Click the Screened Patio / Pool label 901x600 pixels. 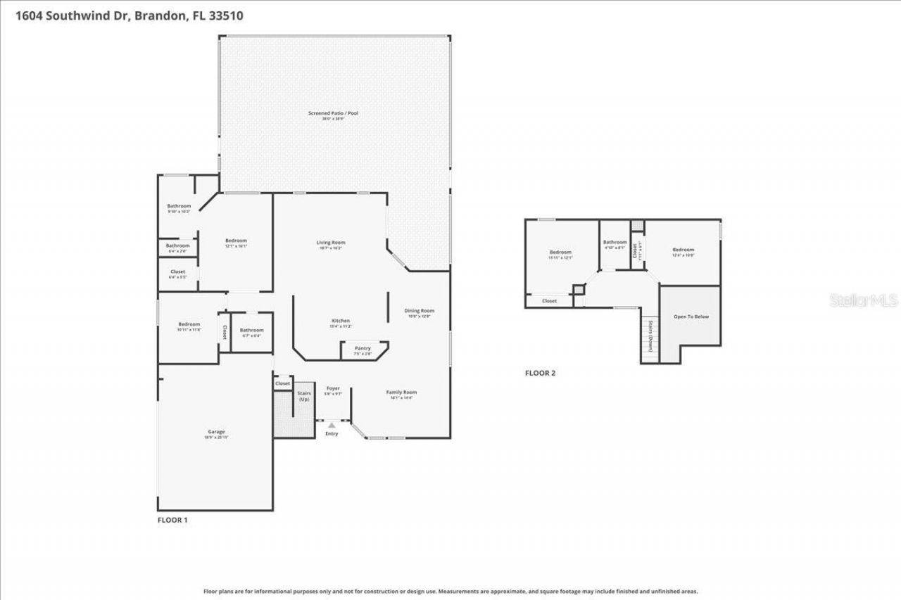point(334,113)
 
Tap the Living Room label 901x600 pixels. point(330,243)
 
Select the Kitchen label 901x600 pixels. point(340,321)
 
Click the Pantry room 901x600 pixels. point(363,349)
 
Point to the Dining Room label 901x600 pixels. point(419,311)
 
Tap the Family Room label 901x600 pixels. point(401,392)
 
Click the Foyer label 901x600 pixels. point(332,388)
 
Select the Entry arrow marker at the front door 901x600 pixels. point(332,426)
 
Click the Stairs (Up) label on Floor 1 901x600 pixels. point(304,396)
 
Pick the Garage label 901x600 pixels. point(216,432)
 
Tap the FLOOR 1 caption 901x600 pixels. point(172,521)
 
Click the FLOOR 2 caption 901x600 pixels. point(540,373)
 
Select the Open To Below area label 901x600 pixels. point(691,317)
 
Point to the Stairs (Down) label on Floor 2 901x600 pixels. point(650,336)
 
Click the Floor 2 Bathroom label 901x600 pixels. point(615,243)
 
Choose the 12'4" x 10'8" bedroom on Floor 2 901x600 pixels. point(683,250)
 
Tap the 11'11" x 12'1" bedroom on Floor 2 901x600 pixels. point(560,253)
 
